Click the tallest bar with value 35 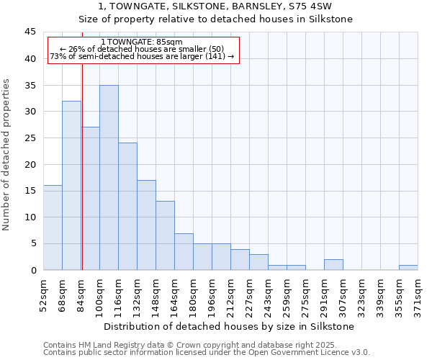(109, 177)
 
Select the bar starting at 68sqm (71, 185)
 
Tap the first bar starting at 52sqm (53, 228)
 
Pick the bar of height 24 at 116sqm (127, 206)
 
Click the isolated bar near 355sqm (408, 267)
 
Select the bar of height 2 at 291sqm (333, 264)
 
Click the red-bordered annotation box (143, 50)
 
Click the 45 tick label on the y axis (30, 32)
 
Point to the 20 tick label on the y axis (30, 164)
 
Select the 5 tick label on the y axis (33, 243)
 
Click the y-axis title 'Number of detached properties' (7, 155)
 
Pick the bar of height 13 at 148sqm (165, 235)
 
